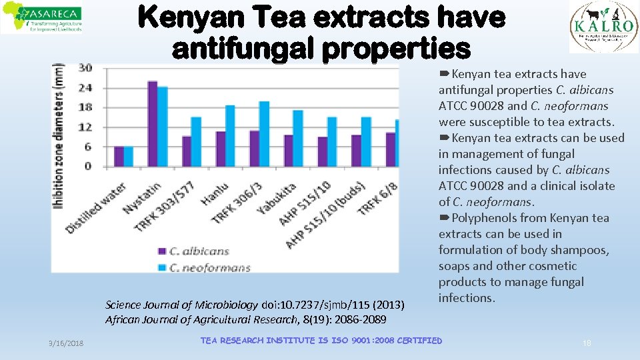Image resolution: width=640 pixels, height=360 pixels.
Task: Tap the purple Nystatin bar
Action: [x=153, y=124]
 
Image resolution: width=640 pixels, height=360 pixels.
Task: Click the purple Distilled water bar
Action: [x=119, y=157]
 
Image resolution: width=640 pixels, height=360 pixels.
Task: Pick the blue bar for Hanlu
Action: [x=230, y=136]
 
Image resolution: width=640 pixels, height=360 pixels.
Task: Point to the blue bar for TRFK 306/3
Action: [x=264, y=134]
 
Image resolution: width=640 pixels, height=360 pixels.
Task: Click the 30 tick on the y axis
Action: [x=85, y=68]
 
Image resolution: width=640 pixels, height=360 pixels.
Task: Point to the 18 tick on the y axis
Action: [x=85, y=107]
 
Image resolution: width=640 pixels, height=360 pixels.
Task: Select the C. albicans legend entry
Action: [x=193, y=251]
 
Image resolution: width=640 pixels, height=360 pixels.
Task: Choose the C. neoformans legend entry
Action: [x=204, y=267]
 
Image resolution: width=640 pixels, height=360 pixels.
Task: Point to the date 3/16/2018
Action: [x=66, y=342]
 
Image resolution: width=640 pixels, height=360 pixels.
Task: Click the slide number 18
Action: [x=587, y=342]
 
